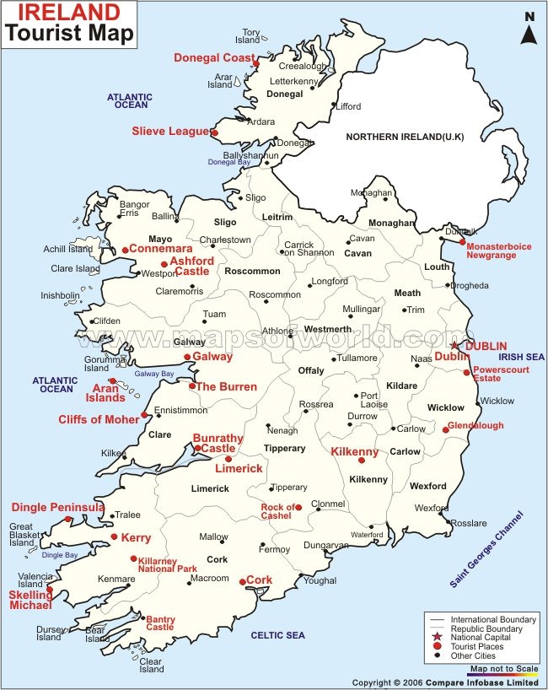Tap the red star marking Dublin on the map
coord(454,346)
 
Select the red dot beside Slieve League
coord(214,132)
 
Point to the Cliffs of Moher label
coord(99,419)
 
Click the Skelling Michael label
coord(30,600)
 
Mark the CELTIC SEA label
coord(277,635)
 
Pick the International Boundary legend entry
coord(486,620)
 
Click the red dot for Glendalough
coord(445,430)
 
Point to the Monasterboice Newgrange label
coord(499,251)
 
